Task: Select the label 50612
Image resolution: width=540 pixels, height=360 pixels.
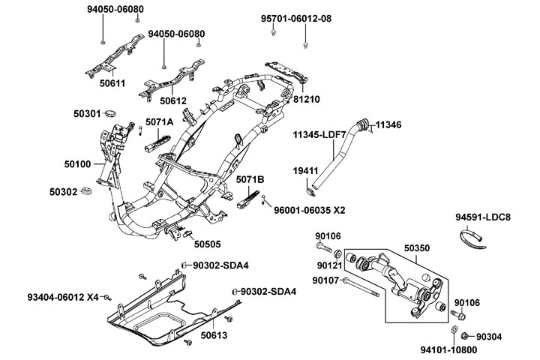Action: [x=172, y=100]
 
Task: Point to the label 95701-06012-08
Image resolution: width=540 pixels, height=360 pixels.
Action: [x=295, y=19]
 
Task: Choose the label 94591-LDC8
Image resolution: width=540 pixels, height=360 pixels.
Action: [x=483, y=218]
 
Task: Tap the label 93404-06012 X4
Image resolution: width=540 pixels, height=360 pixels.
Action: [x=63, y=298]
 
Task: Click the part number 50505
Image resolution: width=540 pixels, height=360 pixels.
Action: [x=208, y=243]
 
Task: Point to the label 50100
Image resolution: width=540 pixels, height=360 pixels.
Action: [x=75, y=163]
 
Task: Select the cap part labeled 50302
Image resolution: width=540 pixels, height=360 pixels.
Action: [x=85, y=192]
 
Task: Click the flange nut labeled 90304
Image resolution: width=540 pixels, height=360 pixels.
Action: [x=465, y=336]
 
